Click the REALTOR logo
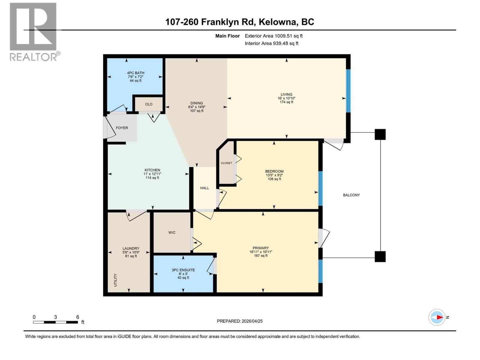[33, 31]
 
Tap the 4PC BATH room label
[136, 73]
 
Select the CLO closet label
[149, 104]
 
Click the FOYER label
[122, 128]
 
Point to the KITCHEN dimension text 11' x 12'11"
[152, 174]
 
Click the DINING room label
[196, 103]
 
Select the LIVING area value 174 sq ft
[286, 102]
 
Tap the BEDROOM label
[274, 171]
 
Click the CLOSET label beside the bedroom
[226, 163]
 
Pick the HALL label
[205, 188]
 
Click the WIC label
[172, 232]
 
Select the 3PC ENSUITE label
[183, 270]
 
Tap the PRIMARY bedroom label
[260, 248]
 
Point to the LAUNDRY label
[131, 248]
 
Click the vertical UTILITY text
[115, 280]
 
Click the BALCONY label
[351, 195]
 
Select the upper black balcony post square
[380, 134]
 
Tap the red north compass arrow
[439, 317]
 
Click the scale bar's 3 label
[55, 317]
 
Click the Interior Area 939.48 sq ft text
[271, 43]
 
